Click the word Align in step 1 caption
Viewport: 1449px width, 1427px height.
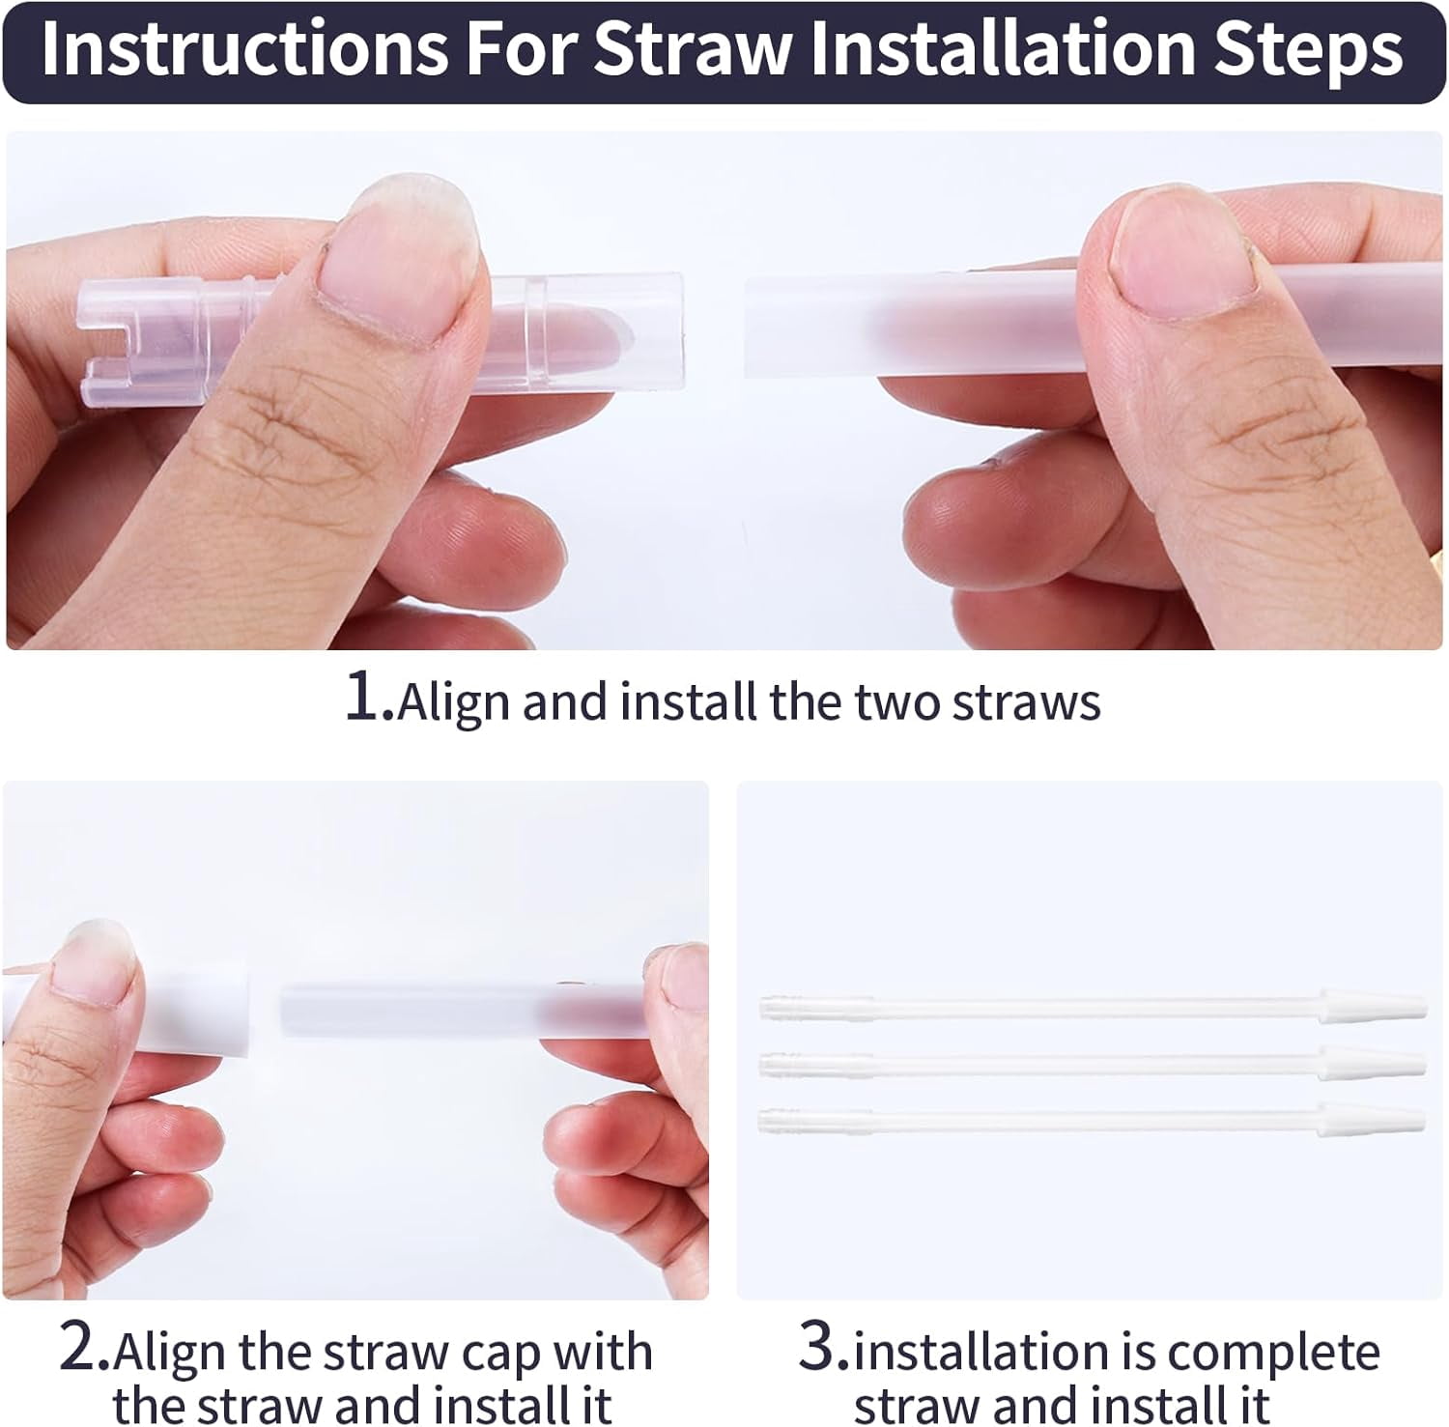(455, 702)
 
